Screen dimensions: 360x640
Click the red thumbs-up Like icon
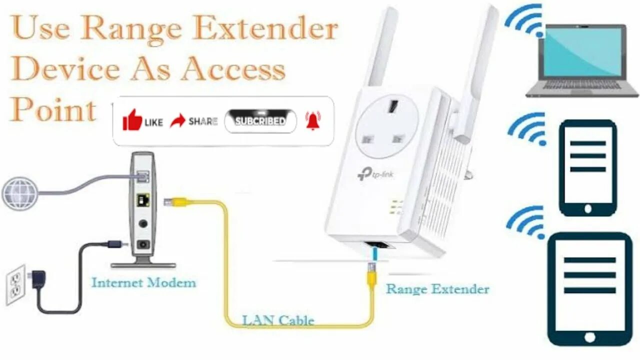(132, 120)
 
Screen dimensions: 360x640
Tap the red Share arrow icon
(177, 120)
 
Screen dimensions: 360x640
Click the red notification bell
(313, 120)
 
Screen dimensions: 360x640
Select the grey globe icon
(19, 192)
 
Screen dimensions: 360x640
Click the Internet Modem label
(143, 283)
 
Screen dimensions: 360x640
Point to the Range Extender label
(437, 289)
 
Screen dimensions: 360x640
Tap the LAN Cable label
(278, 320)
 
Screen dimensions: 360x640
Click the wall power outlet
(15, 284)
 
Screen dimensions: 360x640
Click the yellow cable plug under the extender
(371, 276)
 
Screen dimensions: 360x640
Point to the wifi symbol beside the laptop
(525, 22)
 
